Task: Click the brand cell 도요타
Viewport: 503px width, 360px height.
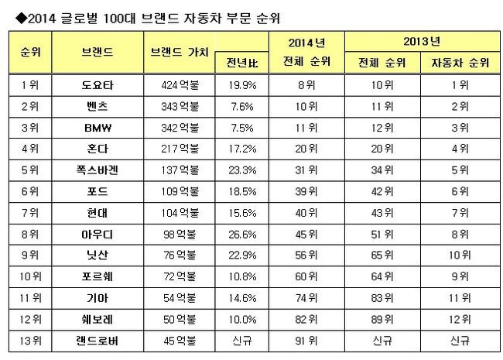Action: click(97, 83)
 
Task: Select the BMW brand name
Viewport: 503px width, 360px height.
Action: click(97, 125)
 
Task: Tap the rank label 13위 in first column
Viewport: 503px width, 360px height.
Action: click(30, 339)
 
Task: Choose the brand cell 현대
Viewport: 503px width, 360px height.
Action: click(97, 211)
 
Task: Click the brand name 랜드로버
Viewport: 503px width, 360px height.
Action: click(97, 339)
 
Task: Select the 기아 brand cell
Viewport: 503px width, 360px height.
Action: click(97, 297)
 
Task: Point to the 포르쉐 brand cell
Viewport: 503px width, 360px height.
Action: click(97, 275)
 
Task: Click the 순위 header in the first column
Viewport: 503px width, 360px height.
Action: click(30, 50)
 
